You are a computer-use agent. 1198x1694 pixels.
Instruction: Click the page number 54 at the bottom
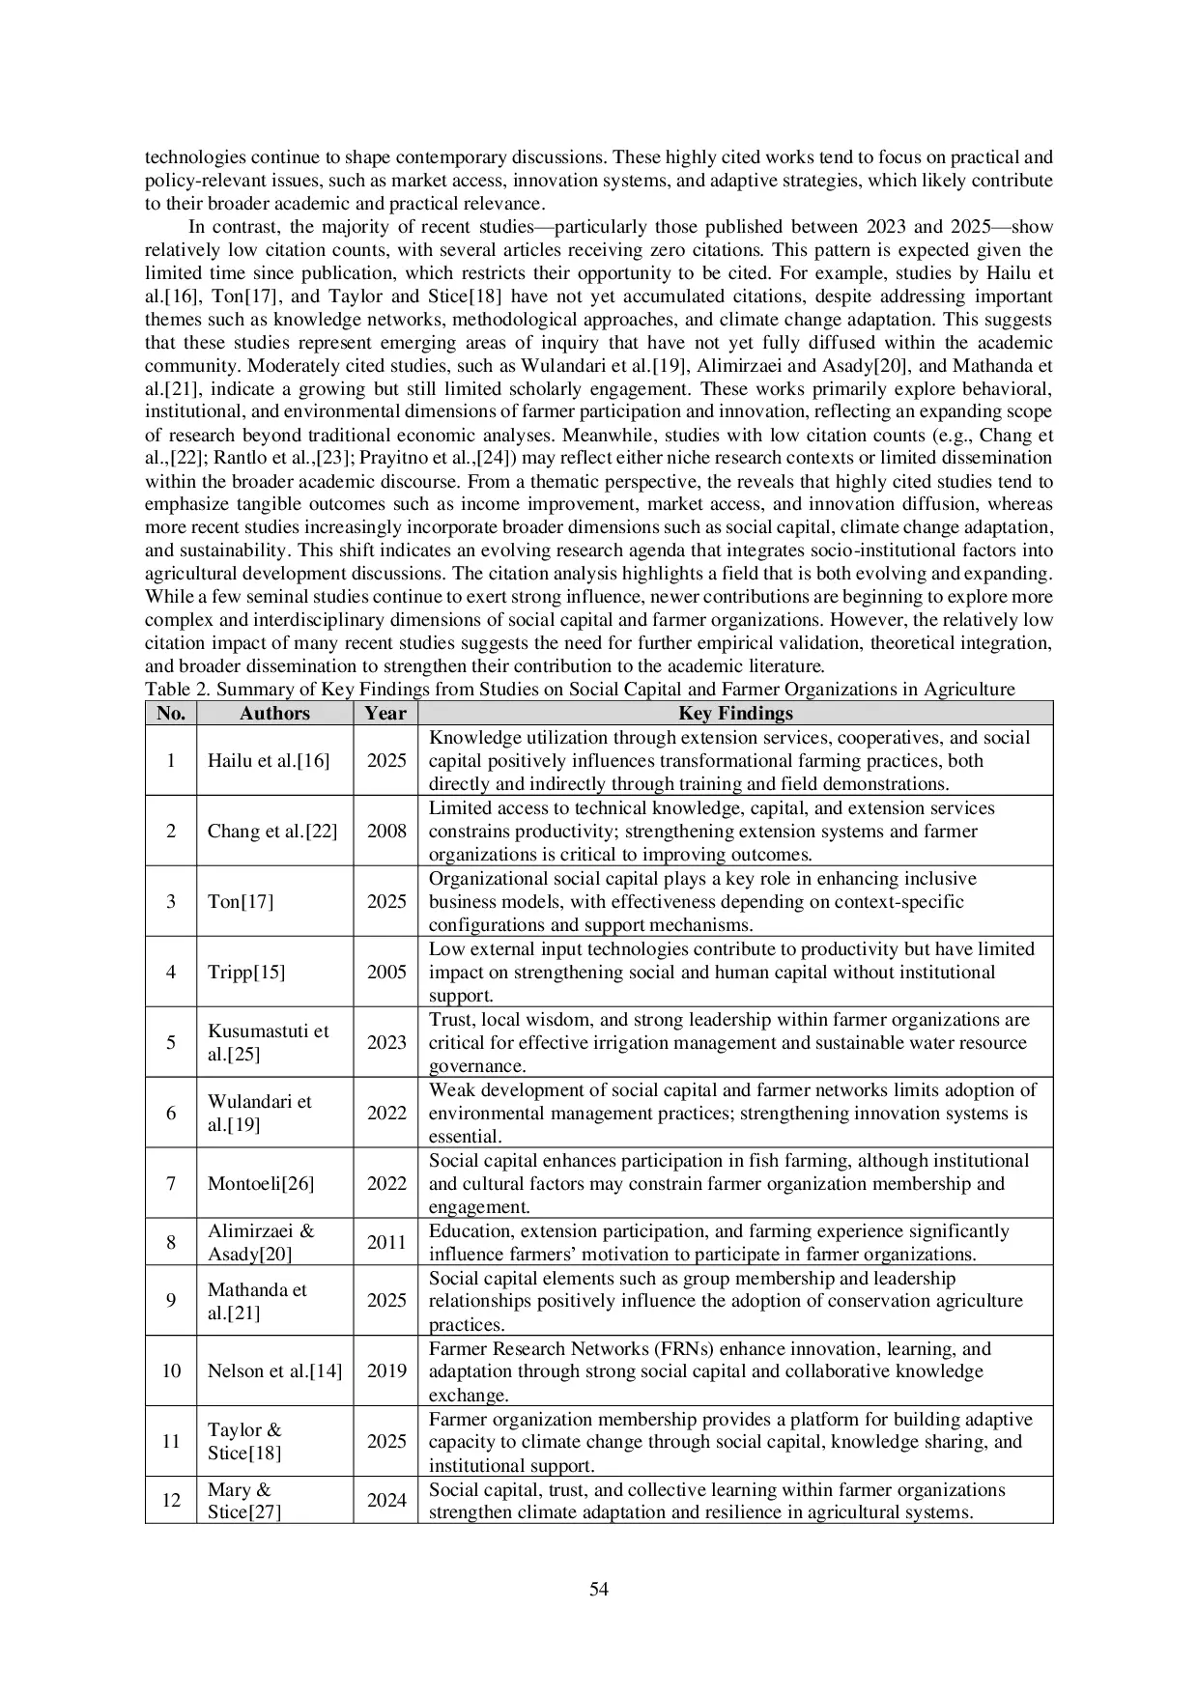(598, 1589)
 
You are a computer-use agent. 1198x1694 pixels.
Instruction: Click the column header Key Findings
(735, 714)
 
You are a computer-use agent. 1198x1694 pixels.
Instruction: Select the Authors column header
(274, 714)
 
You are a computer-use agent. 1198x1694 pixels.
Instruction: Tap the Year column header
(385, 714)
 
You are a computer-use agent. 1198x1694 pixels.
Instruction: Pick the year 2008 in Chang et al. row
(386, 831)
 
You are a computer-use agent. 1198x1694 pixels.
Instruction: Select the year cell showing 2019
(386, 1370)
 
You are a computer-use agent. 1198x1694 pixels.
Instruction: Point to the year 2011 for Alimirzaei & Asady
(386, 1242)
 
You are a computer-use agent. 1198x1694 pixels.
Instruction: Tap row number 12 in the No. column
(171, 1500)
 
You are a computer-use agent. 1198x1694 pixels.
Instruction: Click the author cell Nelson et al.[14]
(274, 1370)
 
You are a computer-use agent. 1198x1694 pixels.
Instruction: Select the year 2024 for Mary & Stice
(386, 1500)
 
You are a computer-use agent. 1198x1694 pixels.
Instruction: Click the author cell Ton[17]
(241, 901)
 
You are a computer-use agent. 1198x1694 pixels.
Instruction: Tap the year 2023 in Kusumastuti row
(386, 1042)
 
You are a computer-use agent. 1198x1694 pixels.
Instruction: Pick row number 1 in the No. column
(171, 760)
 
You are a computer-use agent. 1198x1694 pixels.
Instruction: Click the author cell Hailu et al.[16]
(269, 760)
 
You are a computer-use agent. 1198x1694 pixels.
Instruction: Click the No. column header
(171, 714)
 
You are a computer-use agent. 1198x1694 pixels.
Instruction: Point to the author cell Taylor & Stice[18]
(245, 1441)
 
